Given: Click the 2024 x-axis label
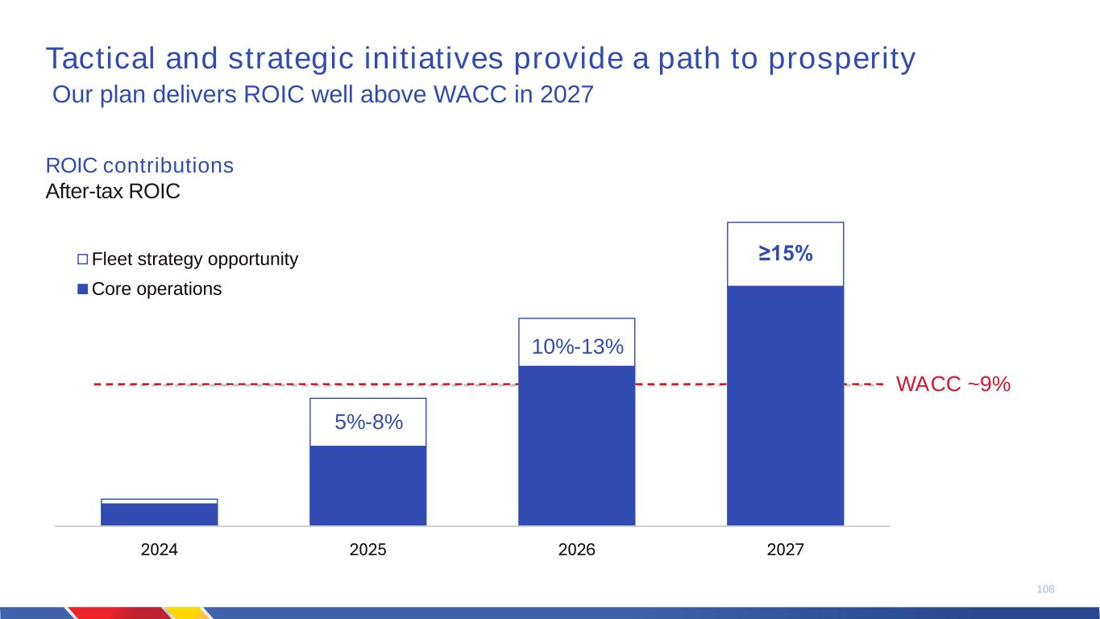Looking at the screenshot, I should click(159, 550).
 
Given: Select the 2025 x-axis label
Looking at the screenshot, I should click(367, 550).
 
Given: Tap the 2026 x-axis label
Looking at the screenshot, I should click(576, 550).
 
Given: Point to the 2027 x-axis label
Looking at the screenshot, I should click(785, 550).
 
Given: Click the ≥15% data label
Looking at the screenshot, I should click(785, 254).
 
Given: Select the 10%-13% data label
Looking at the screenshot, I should click(578, 347).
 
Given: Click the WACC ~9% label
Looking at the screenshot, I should click(953, 385).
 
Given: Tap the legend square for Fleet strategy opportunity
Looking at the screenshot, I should click(82, 260).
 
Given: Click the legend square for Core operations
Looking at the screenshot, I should click(82, 289).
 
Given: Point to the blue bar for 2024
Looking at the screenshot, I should click(159, 514).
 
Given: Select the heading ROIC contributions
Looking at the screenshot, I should click(139, 166).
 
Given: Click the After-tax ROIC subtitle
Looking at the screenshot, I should click(113, 192).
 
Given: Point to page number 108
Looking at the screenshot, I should click(1045, 590).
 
